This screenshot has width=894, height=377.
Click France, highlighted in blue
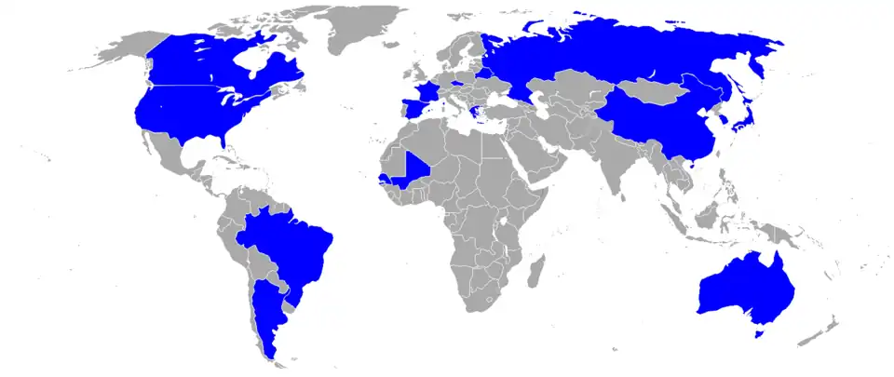[x=426, y=93]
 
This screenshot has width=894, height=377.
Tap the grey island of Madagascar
[x=535, y=270]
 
